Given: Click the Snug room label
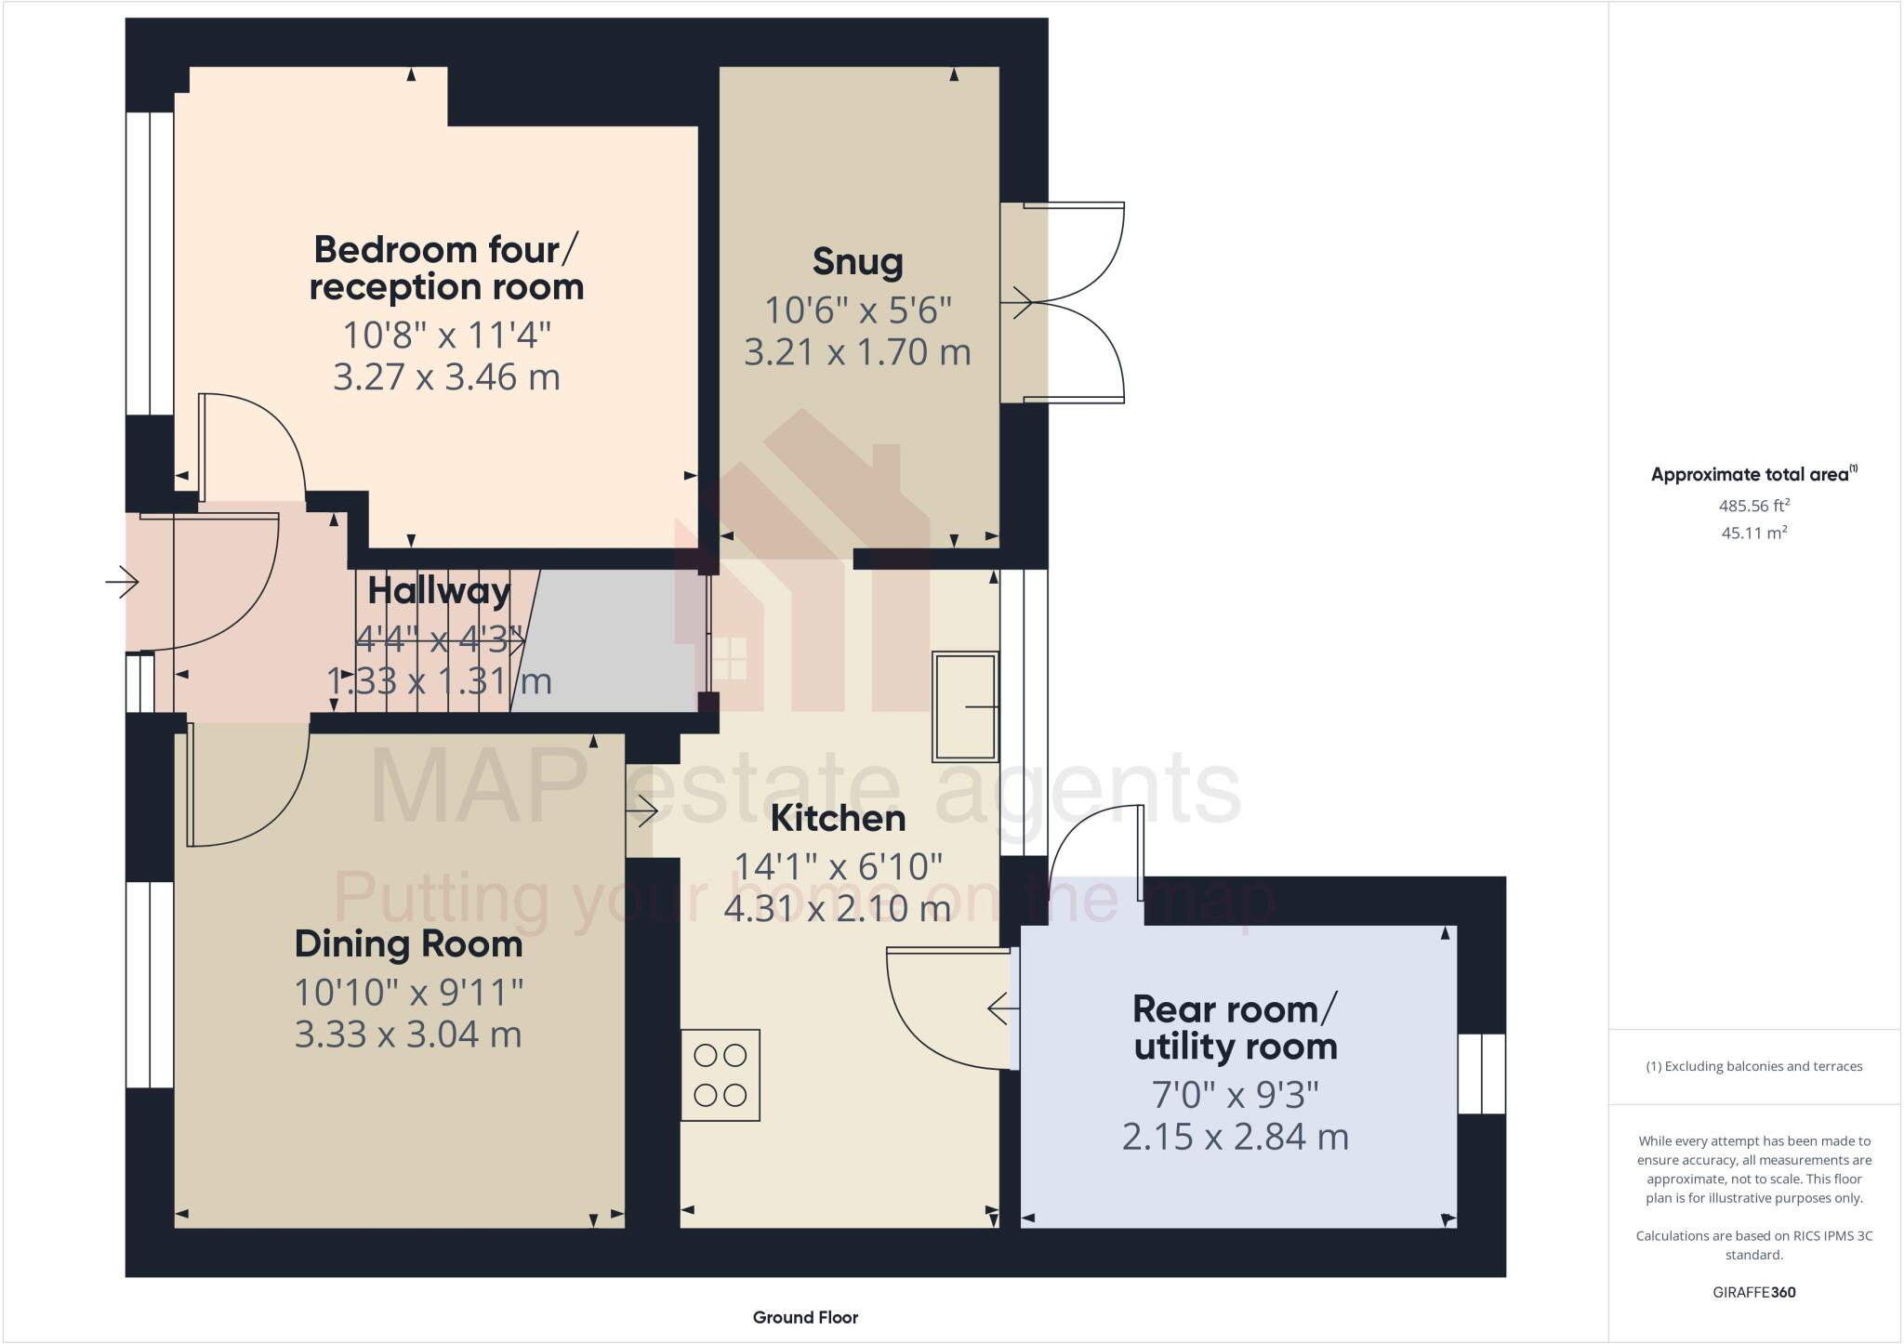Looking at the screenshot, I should pyautogui.click(x=857, y=262).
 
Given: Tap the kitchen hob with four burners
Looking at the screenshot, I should pyautogui.click(x=721, y=1074).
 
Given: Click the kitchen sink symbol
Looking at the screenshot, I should pyautogui.click(x=965, y=706).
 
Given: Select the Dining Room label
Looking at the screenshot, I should pyautogui.click(x=408, y=944).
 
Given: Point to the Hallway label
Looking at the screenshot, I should pyautogui.click(x=439, y=591).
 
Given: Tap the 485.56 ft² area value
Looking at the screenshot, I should pyautogui.click(x=1753, y=506).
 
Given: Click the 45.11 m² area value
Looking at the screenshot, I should pyautogui.click(x=1753, y=533).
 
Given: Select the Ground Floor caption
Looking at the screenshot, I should pyautogui.click(x=805, y=1317).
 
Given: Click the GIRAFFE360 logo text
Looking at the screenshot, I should pyautogui.click(x=1753, y=1292).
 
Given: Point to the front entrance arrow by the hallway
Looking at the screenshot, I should pyautogui.click(x=122, y=583).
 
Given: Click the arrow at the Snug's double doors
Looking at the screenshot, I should pyautogui.click(x=1021, y=302).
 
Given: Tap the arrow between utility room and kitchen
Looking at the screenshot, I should pyautogui.click(x=998, y=1008).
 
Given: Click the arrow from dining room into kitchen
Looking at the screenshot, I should pyautogui.click(x=642, y=812).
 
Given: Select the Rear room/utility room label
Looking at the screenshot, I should pyautogui.click(x=1235, y=1028).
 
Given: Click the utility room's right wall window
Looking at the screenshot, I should pyautogui.click(x=1480, y=1074).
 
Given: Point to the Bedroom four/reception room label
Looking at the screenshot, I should pyautogui.click(x=446, y=269).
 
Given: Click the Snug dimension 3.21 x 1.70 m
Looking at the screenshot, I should pyautogui.click(x=857, y=352).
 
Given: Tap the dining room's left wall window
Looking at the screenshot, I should pyautogui.click(x=149, y=984).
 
